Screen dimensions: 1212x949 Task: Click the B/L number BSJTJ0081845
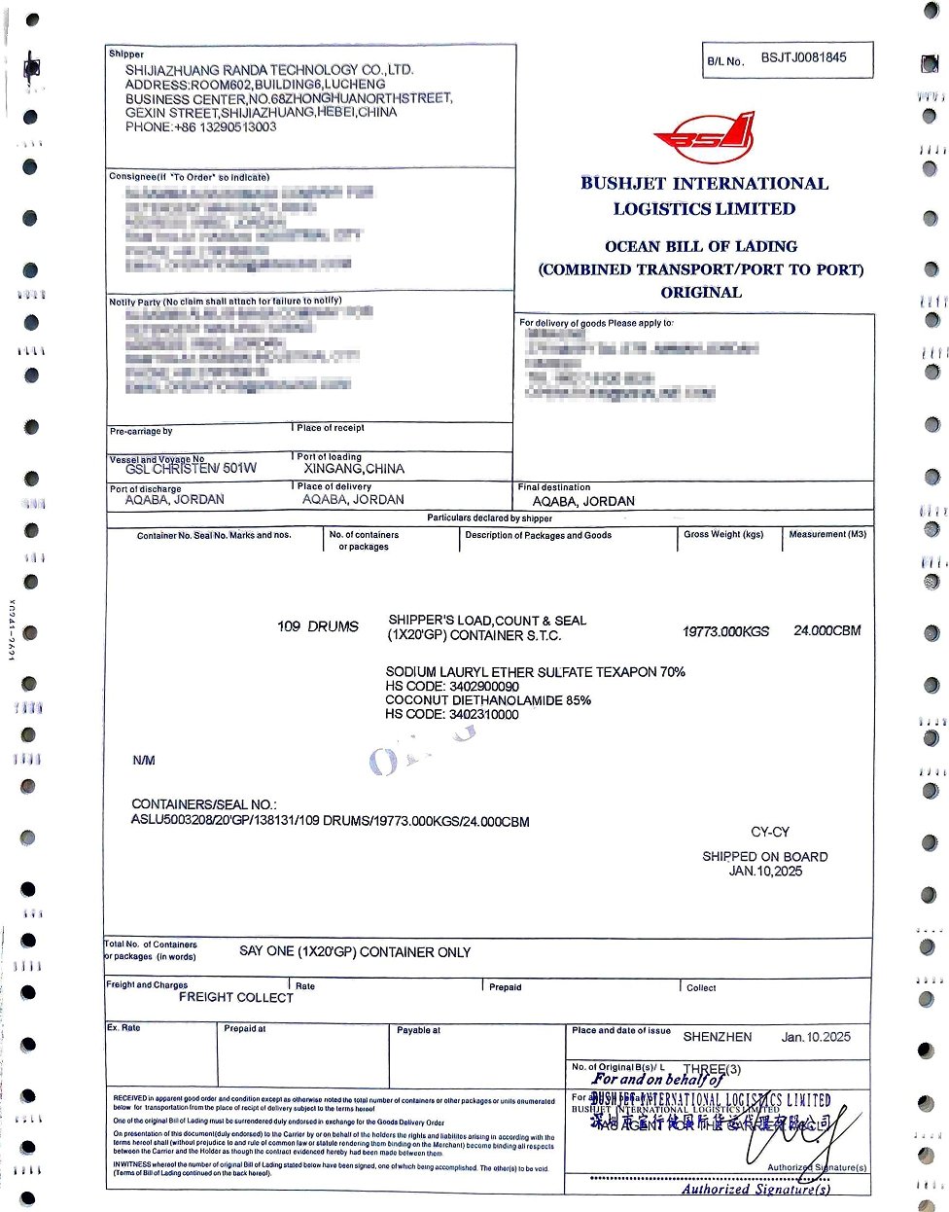click(x=803, y=58)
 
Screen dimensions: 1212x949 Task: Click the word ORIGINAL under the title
click(x=701, y=293)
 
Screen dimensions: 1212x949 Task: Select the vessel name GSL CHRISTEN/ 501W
click(x=191, y=469)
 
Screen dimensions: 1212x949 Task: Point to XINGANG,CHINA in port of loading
click(x=353, y=469)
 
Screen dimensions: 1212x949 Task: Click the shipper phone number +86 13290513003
click(x=200, y=127)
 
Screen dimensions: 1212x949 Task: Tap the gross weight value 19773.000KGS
click(x=725, y=631)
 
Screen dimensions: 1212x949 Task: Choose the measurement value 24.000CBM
click(x=826, y=631)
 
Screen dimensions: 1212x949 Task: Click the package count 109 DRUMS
click(x=318, y=626)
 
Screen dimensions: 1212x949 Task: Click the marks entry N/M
click(x=144, y=761)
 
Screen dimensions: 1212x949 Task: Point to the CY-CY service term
click(x=770, y=833)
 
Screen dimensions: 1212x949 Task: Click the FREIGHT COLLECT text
click(x=235, y=997)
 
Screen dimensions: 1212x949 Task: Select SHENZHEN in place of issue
click(x=718, y=1038)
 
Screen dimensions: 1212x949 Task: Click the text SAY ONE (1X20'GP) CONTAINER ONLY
click(x=355, y=952)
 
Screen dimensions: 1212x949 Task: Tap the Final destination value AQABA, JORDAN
click(x=583, y=502)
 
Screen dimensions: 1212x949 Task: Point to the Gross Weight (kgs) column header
click(x=723, y=535)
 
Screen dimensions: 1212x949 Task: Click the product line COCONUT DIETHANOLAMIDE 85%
click(x=488, y=700)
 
